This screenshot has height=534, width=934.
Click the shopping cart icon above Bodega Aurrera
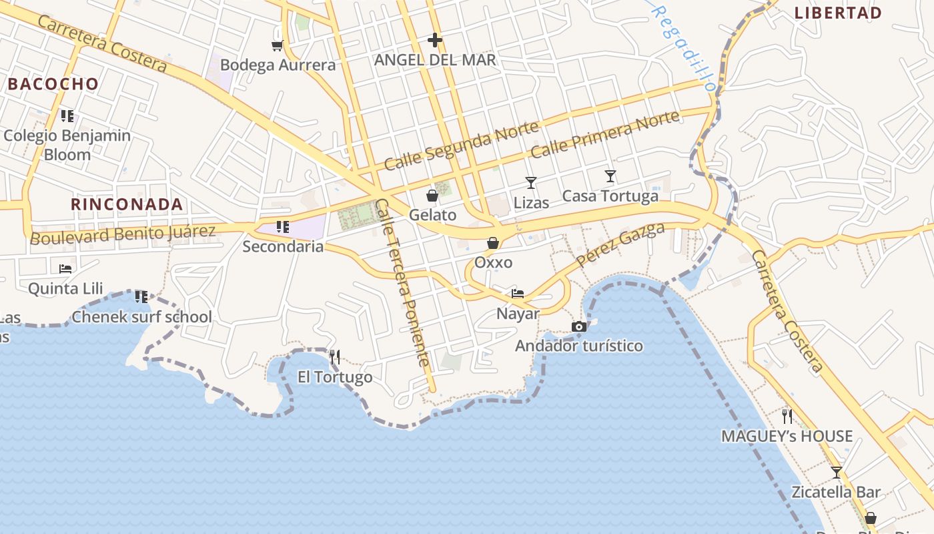pyautogui.click(x=277, y=45)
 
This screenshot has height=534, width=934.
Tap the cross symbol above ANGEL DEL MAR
pyautogui.click(x=435, y=40)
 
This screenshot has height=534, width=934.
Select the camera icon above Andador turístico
pyautogui.click(x=579, y=326)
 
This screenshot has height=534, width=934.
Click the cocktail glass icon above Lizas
pyautogui.click(x=531, y=182)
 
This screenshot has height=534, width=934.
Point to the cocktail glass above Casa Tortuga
pyautogui.click(x=610, y=176)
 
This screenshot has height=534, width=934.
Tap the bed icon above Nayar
pyautogui.click(x=518, y=293)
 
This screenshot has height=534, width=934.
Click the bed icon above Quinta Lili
pyautogui.click(x=65, y=268)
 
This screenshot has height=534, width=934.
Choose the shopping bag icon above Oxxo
pyautogui.click(x=493, y=243)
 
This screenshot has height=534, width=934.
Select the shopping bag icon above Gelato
pyautogui.click(x=432, y=196)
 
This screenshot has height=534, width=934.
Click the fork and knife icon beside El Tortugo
pyautogui.click(x=335, y=357)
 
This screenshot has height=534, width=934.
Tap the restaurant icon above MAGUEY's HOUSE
pyautogui.click(x=787, y=417)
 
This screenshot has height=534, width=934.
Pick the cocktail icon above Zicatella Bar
pyautogui.click(x=837, y=473)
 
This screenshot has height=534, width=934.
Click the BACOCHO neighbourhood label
pyautogui.click(x=53, y=84)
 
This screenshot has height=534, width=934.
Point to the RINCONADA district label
pyautogui.click(x=127, y=204)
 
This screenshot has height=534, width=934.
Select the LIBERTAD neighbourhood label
pyautogui.click(x=839, y=13)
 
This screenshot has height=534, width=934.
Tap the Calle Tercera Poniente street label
pyautogui.click(x=402, y=283)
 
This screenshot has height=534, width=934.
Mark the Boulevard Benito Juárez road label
pyautogui.click(x=123, y=234)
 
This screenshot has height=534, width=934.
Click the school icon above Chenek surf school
pyautogui.click(x=141, y=296)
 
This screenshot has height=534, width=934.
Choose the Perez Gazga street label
pyautogui.click(x=620, y=244)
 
